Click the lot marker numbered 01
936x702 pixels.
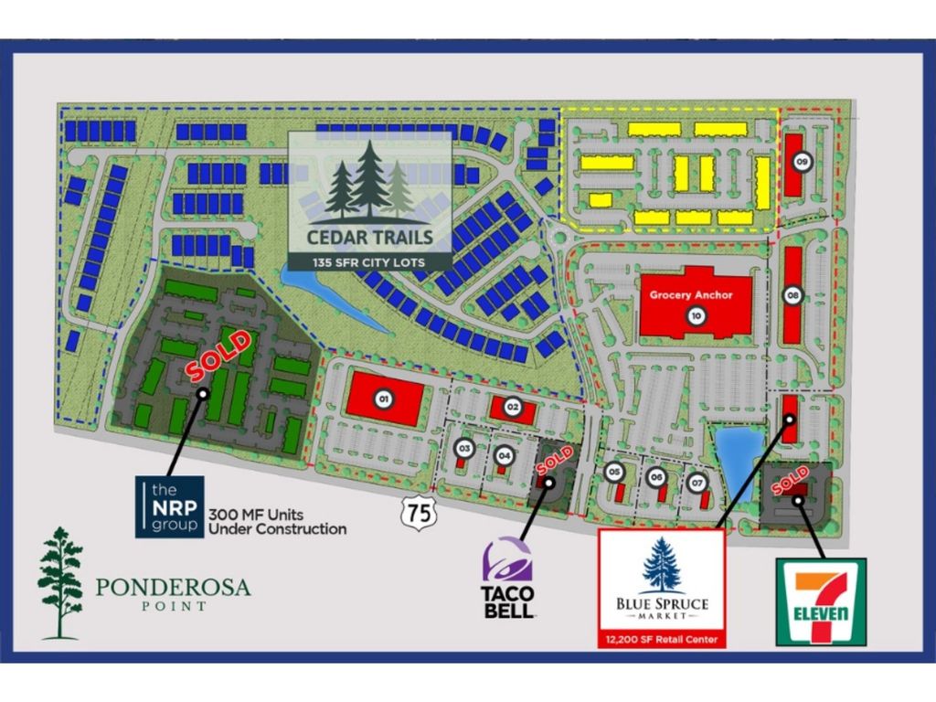384,399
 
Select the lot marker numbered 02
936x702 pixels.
513,406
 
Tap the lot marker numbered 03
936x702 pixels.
464,448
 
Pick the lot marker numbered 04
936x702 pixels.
504,452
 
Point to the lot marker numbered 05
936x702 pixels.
614,472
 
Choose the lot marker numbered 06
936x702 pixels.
655,476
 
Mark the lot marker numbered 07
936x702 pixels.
697,482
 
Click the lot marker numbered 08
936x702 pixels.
792,295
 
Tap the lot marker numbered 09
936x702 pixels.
802,162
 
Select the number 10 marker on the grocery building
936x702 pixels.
697,316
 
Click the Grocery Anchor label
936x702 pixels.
692,295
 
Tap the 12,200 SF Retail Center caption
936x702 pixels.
661,636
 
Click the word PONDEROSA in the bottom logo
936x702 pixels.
173,587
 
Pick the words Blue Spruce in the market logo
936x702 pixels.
662,603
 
